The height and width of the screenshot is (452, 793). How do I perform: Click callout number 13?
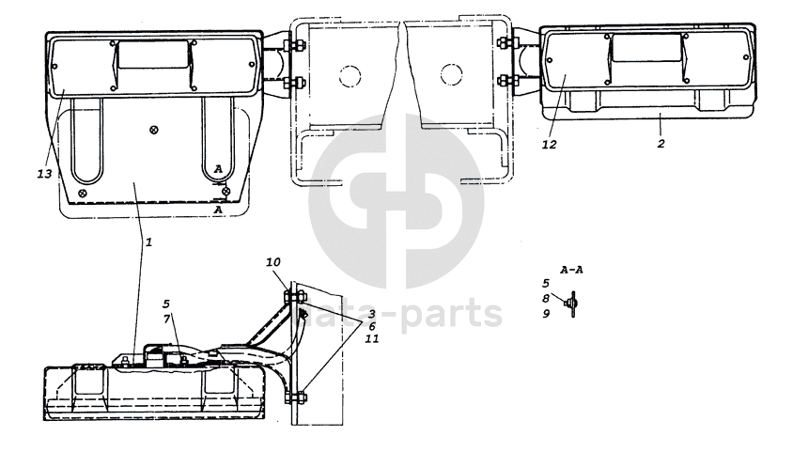pos(44,174)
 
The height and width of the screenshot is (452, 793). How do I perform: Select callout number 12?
pos(550,145)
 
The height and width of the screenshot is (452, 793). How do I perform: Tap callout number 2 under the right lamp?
pos(661,144)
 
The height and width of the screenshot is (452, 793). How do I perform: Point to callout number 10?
pos(273,262)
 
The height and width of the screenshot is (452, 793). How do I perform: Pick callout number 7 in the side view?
pos(166,319)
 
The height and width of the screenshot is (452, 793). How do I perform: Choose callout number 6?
pos(372,327)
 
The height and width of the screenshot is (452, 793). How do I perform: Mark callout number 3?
pos(372,314)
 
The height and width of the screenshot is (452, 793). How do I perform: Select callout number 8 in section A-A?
pos(546,299)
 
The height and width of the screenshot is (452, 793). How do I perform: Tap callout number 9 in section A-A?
pos(546,314)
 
